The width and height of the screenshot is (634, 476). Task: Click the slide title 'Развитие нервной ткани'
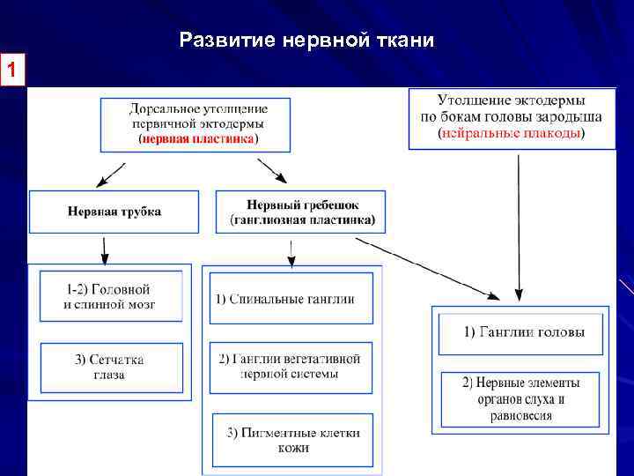306,41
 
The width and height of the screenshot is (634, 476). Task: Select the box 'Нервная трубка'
114,212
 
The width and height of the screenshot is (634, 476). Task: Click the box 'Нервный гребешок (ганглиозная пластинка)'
301,212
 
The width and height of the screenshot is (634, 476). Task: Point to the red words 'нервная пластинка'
197,138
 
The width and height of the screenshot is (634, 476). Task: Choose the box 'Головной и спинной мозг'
112,296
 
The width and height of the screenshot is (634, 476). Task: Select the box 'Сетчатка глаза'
112,367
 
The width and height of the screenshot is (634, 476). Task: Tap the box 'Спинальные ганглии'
291,299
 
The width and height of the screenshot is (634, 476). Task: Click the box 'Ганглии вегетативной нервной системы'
291,366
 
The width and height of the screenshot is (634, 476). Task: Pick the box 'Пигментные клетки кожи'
291,440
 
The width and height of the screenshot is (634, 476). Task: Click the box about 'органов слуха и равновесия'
521,398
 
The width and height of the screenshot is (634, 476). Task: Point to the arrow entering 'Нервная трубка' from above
109,175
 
